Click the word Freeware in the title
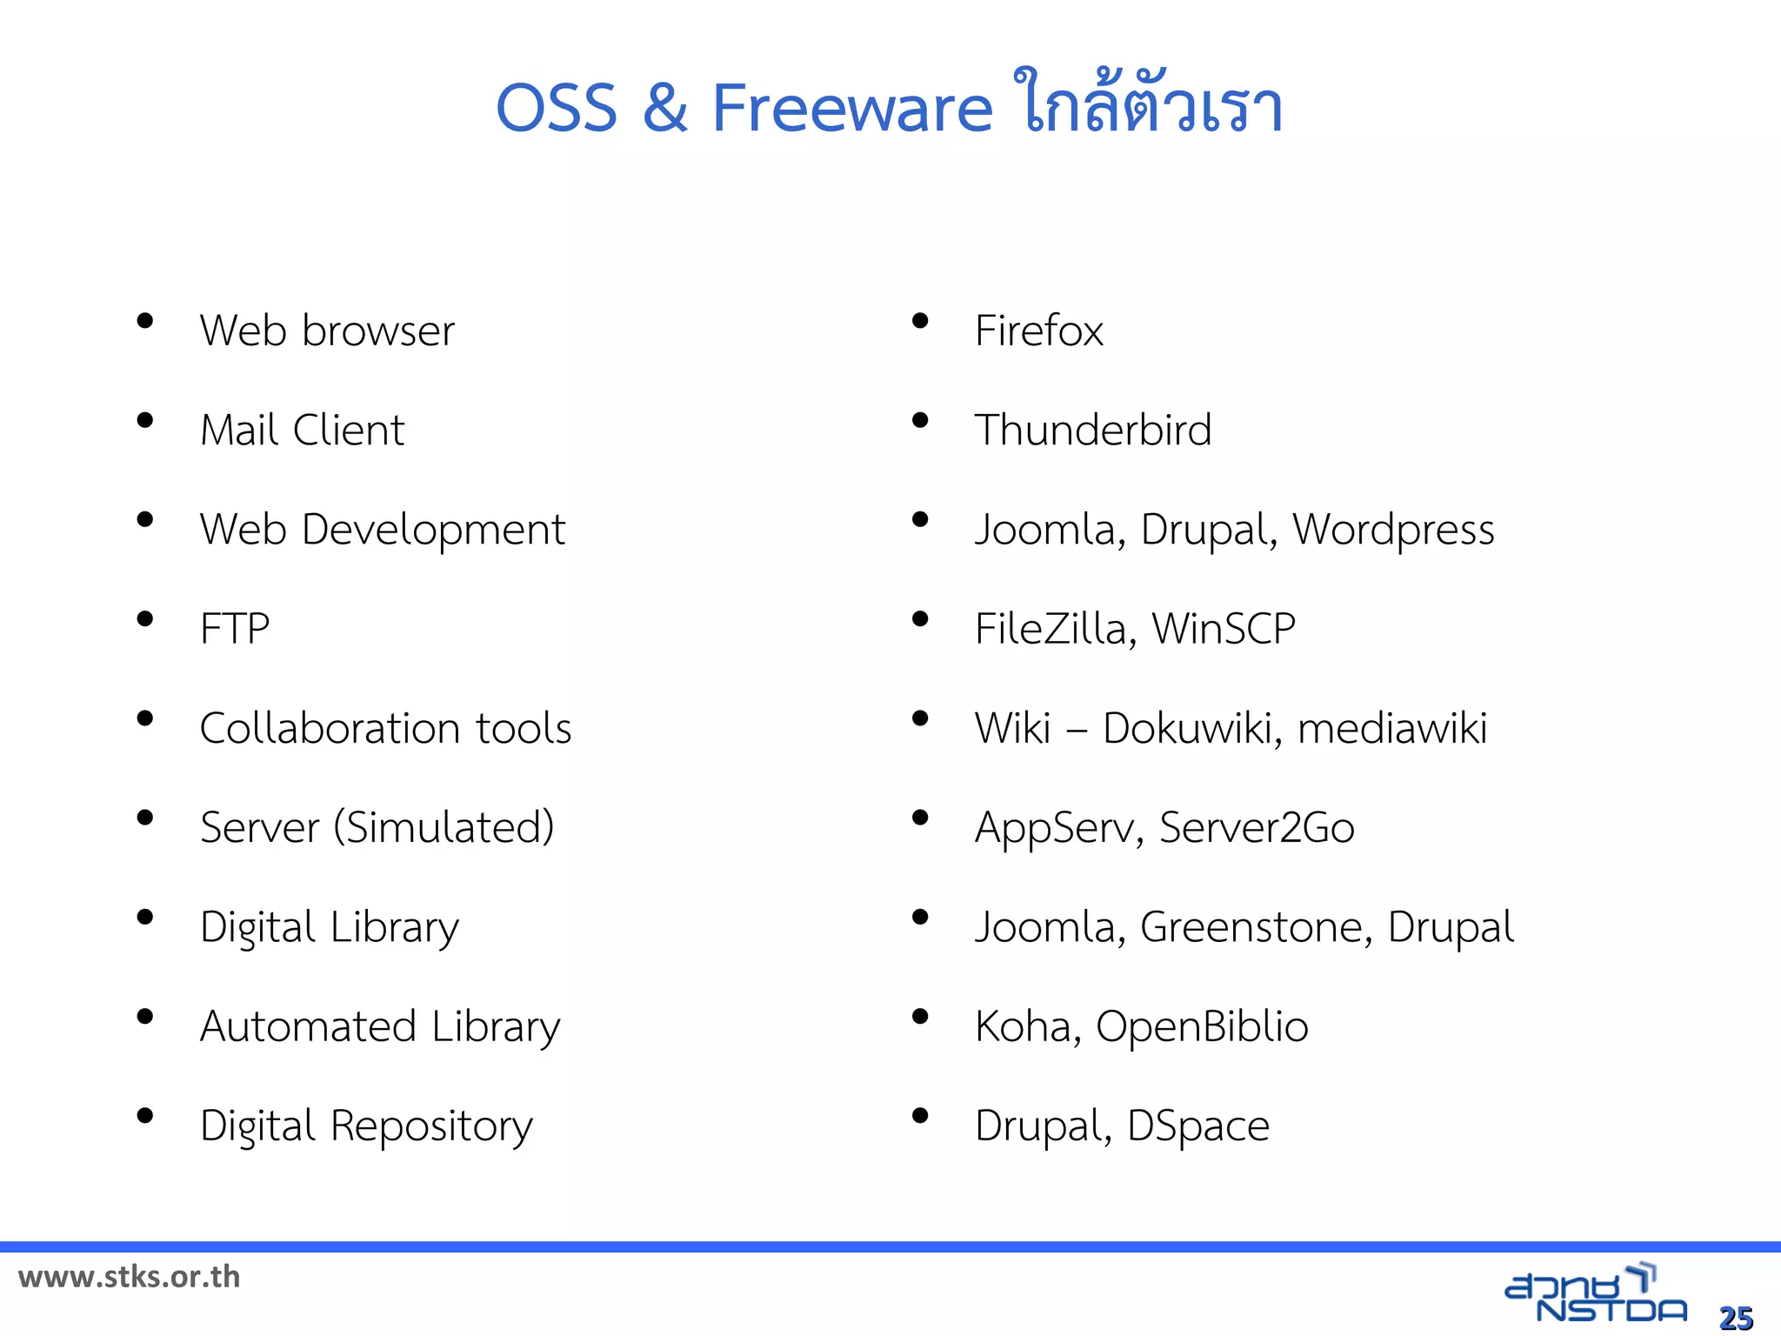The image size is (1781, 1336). click(x=852, y=108)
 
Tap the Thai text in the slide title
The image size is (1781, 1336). click(x=1148, y=104)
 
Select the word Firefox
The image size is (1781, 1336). click(x=1038, y=331)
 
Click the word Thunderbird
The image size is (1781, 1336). click(x=1092, y=430)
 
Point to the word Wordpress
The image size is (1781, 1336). click(x=1393, y=530)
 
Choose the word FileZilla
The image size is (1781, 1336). click(x=1050, y=629)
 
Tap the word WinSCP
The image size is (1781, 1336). click(x=1224, y=629)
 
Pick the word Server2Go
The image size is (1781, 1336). click(x=1257, y=827)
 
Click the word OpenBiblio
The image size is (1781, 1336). click(x=1202, y=1026)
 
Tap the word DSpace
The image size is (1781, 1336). click(x=1197, y=1126)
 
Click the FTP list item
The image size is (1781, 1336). click(x=235, y=629)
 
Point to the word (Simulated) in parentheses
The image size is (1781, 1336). click(x=444, y=827)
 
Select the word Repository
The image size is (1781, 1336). click(x=431, y=1126)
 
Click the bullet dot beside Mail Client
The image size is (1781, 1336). click(x=145, y=421)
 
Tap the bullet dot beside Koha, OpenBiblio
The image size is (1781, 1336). click(x=920, y=1017)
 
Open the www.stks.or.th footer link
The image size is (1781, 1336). click(x=129, y=1277)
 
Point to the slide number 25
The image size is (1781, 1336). click(x=1736, y=1319)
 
